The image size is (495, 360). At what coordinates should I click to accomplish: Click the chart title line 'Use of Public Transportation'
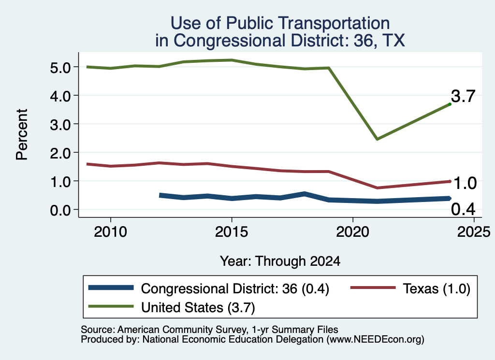[280, 23]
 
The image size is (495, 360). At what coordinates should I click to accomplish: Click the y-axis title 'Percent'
[22, 134]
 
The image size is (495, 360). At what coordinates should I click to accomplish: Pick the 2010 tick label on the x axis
[111, 232]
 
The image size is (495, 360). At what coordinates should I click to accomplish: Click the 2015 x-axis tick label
[232, 232]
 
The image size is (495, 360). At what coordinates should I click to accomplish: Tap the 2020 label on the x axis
[352, 232]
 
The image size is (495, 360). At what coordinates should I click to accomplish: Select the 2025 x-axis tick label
[474, 232]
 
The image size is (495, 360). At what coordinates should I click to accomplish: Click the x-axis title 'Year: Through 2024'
[280, 261]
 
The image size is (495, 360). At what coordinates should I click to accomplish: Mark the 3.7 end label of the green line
[463, 96]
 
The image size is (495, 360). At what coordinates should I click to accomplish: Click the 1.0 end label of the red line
[465, 183]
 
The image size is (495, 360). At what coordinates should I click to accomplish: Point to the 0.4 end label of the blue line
[463, 209]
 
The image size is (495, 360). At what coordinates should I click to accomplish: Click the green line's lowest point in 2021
[377, 139]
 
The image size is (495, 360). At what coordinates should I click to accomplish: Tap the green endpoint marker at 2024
[450, 104]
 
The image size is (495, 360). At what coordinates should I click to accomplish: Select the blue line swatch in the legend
[111, 288]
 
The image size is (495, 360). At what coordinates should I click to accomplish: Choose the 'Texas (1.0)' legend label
[437, 288]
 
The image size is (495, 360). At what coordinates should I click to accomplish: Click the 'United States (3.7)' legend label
[198, 307]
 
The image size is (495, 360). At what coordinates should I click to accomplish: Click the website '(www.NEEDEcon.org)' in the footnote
[375, 340]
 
